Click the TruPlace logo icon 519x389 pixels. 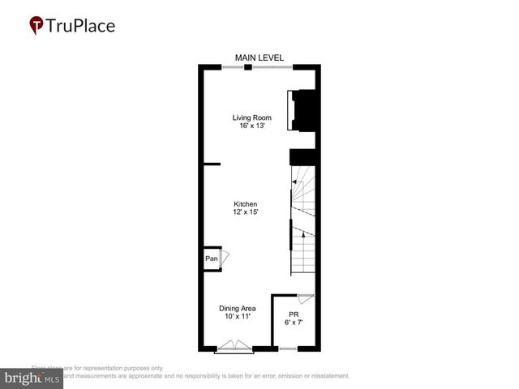point(36,25)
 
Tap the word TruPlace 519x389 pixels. point(80,25)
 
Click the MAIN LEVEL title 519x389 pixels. point(259,57)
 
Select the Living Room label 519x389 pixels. point(251,118)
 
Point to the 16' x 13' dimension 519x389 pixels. point(251,126)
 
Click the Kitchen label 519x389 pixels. point(246,203)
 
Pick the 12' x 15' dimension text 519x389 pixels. point(246,212)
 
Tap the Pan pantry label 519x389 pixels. point(211,259)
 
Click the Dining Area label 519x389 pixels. point(238,308)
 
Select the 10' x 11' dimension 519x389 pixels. point(238,316)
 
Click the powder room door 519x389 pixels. point(306,299)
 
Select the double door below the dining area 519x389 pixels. point(234,348)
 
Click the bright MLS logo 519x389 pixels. point(32,378)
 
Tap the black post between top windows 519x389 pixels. point(248,67)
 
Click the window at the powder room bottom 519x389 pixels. point(287,349)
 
